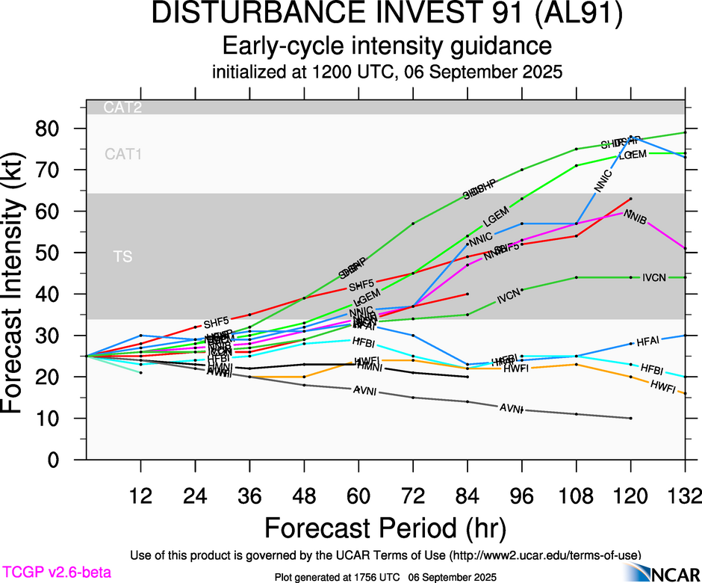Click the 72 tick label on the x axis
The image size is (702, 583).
[x=413, y=496]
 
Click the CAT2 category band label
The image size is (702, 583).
[x=122, y=108]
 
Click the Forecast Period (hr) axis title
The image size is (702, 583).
[x=386, y=528]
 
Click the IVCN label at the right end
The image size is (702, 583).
[x=658, y=278]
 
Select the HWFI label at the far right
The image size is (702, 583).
[x=663, y=386]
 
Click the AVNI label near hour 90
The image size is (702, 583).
[x=511, y=408]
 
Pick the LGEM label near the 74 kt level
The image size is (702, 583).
[x=633, y=155]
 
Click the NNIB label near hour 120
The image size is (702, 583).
[x=635, y=217]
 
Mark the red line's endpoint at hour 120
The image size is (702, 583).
[x=631, y=199]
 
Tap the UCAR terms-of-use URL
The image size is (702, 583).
[x=544, y=555]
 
